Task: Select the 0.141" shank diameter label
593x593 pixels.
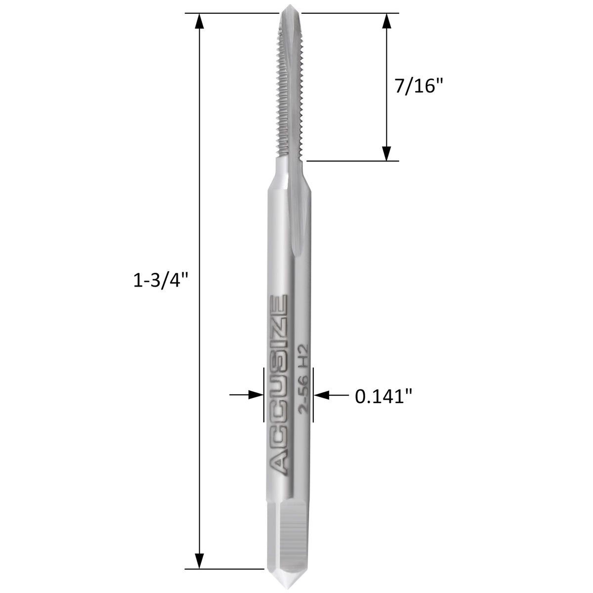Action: click(383, 396)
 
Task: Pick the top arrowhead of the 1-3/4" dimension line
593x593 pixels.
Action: click(200, 21)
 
